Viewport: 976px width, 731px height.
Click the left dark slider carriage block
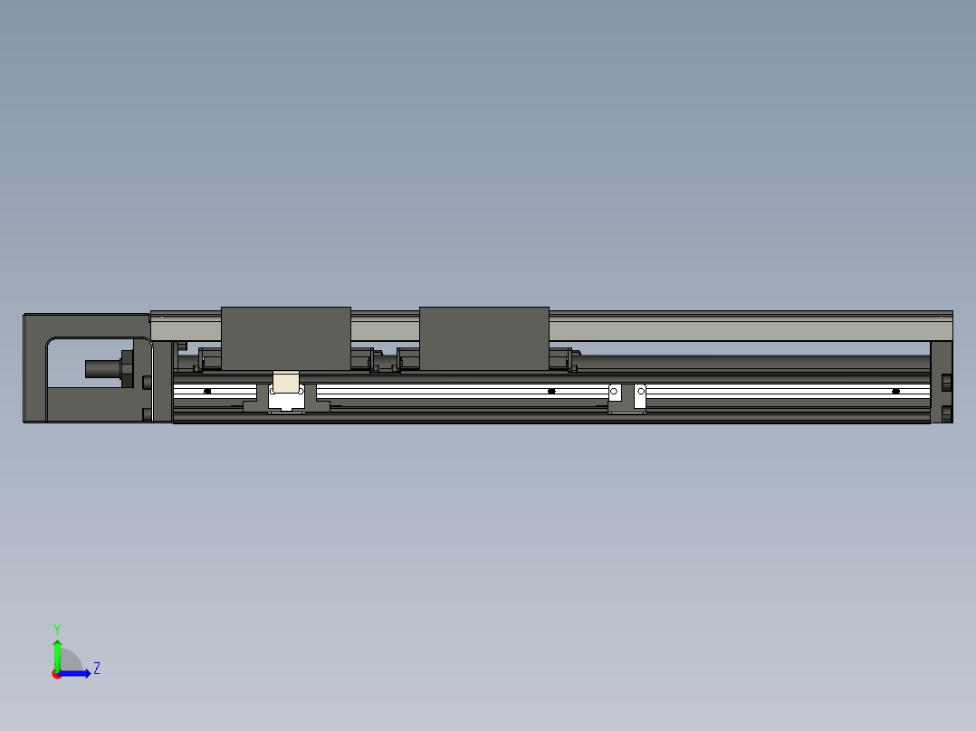tap(286, 338)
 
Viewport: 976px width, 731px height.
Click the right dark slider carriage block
tap(484, 338)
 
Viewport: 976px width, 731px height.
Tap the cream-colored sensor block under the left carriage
tap(286, 383)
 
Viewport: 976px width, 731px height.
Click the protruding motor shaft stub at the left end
tap(101, 368)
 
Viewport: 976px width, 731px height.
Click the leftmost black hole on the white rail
tap(207, 391)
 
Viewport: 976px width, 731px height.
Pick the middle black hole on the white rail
tap(551, 391)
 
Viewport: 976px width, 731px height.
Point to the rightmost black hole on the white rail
tap(895, 391)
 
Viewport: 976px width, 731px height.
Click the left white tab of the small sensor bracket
tap(614, 394)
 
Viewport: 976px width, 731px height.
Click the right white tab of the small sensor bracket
tap(640, 394)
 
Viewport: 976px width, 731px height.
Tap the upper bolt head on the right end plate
tap(947, 383)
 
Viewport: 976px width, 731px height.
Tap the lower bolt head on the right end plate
tap(947, 413)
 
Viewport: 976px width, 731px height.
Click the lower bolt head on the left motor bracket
tap(147, 414)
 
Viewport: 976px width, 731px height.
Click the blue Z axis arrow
tap(78, 673)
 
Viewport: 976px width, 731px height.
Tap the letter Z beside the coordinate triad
tap(96, 669)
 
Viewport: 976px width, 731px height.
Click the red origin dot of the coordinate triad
tap(57, 674)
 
